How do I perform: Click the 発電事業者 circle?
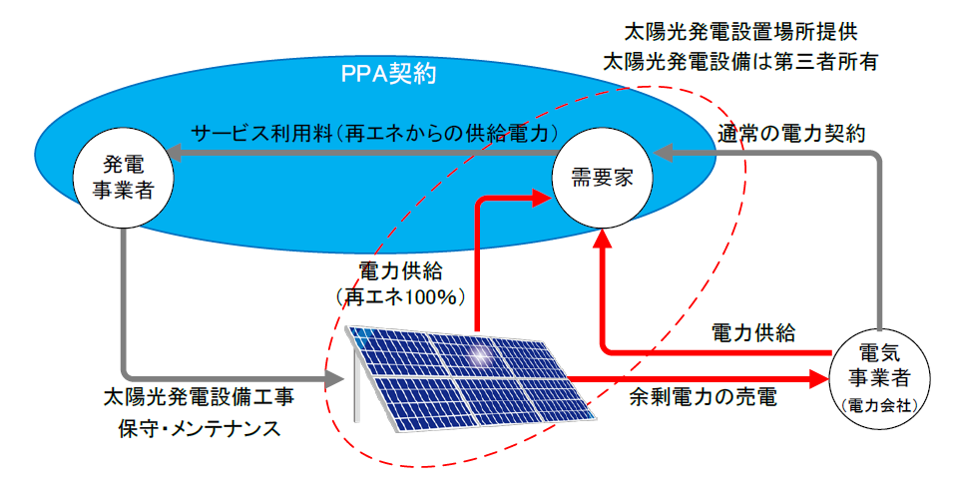coord(123,178)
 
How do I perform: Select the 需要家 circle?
coord(603,178)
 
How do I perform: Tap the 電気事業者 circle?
coord(880,378)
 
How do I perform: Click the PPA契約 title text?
coord(389,74)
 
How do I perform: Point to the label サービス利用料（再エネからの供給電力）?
coord(375,134)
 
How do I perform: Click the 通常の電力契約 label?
coord(791,134)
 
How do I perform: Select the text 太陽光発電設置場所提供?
coord(741,32)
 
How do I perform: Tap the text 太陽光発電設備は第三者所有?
coord(740,62)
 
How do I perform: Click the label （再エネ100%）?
coord(401,297)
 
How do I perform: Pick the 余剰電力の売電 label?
coord(703,397)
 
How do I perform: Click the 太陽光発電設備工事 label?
coord(199,397)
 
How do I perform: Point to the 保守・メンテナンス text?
coord(200,428)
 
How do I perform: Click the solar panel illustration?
coord(470,378)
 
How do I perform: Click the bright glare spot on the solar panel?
coord(481,353)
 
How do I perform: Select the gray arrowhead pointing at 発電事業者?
coord(175,153)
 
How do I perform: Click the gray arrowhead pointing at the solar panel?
coord(335,378)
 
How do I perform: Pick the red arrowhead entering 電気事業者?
coord(819,378)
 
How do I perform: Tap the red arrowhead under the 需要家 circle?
coord(603,239)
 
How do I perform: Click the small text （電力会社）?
coord(880,405)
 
